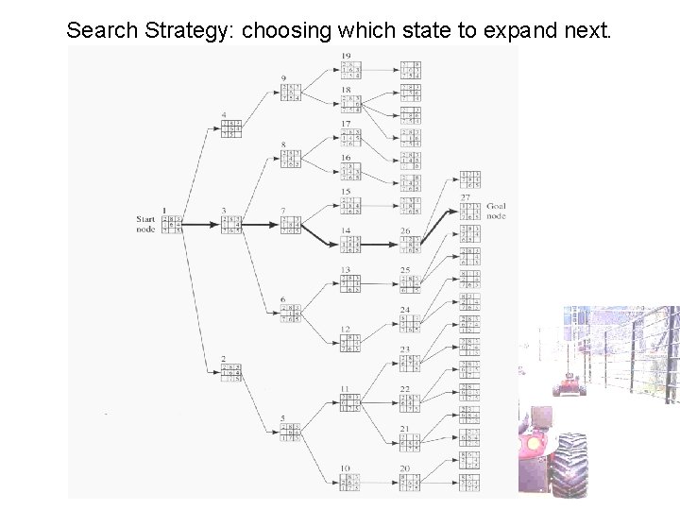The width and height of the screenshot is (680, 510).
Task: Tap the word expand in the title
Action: tap(527, 30)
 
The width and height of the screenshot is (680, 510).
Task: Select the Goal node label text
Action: tap(496, 211)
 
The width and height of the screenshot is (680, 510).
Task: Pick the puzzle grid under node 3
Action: tap(229, 225)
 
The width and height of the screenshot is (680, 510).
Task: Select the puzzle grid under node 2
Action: tap(229, 373)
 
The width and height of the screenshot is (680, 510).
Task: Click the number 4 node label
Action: tap(224, 116)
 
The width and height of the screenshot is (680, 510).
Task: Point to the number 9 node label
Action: tap(285, 77)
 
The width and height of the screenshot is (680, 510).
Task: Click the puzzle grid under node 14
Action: tap(349, 244)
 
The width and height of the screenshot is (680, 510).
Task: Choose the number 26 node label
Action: tap(406, 229)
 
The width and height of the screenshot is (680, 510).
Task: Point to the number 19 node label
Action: tap(347, 56)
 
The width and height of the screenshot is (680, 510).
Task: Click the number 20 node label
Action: tap(406, 467)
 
